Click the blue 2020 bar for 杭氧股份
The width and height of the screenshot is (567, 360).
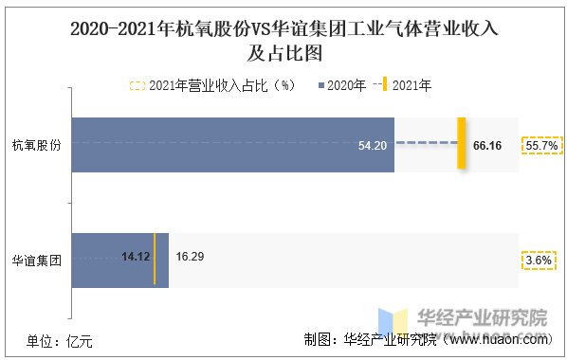[x=233, y=145]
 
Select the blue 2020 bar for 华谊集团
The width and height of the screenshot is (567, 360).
[x=120, y=261]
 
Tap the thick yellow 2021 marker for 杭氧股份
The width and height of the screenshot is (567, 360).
[x=462, y=143]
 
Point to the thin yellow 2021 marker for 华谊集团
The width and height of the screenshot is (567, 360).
[x=155, y=259]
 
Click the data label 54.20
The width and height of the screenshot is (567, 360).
[x=373, y=146]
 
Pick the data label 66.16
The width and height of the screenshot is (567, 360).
[x=487, y=146]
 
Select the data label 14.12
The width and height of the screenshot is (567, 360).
[x=136, y=257]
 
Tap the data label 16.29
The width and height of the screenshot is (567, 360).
[x=190, y=257]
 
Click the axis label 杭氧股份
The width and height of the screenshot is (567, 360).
[x=37, y=145]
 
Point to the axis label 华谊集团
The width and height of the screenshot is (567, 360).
[x=37, y=261]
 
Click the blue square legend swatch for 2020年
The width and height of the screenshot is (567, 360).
[x=321, y=85]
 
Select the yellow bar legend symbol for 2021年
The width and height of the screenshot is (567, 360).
[x=385, y=84]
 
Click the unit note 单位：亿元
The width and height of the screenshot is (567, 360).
[x=60, y=342]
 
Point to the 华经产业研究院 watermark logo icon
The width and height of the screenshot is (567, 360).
[x=393, y=322]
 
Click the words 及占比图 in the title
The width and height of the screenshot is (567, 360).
[x=284, y=53]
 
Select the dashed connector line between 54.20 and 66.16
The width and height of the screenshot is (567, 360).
[x=427, y=143]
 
